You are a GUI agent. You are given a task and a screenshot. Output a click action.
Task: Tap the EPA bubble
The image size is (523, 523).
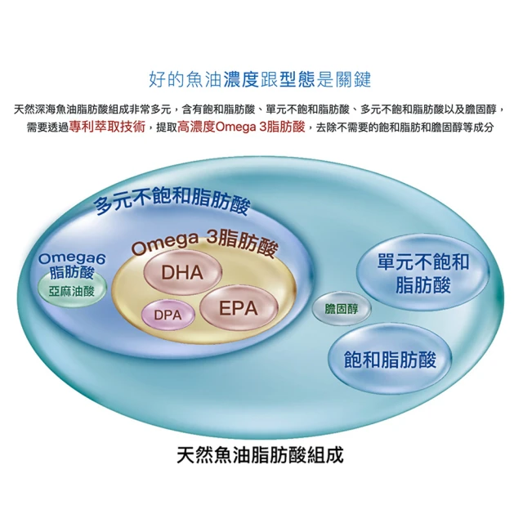(x=237, y=307)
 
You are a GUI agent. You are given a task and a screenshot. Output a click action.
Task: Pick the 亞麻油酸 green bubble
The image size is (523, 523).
(x=72, y=291)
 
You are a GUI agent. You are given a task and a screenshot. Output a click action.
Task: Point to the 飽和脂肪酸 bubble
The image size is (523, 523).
(x=391, y=360)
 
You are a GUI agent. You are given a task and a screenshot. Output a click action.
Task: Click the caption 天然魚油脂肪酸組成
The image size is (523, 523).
(x=260, y=455)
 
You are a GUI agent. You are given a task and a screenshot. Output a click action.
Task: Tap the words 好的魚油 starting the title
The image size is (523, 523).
(x=177, y=79)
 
